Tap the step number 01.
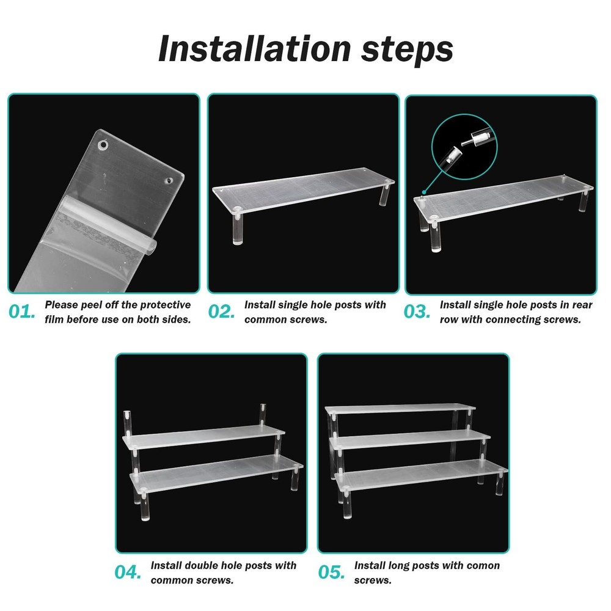tap(23, 312)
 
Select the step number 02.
tap(221, 312)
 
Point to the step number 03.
tap(417, 312)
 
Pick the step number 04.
tap(129, 573)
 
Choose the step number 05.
tap(332, 573)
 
